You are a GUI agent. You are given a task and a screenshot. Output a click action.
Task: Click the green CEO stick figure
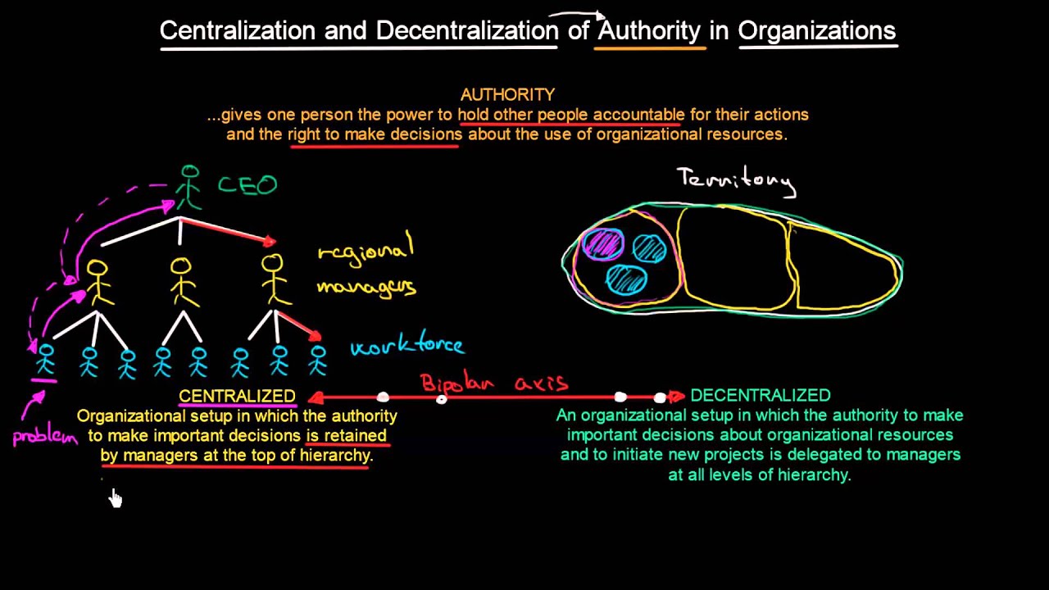click(x=189, y=187)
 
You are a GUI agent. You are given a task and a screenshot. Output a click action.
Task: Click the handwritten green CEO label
click(x=247, y=185)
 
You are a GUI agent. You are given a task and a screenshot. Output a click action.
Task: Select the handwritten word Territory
click(x=735, y=180)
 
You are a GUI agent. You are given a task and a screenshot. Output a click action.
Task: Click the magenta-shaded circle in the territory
click(x=603, y=244)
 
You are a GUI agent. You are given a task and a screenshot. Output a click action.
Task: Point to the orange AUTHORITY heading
click(x=507, y=95)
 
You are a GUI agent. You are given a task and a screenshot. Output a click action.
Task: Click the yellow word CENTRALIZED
click(x=237, y=397)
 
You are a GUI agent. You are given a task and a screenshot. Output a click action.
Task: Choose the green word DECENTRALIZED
click(x=760, y=396)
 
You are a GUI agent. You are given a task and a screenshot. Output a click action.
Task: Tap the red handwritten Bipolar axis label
click(x=493, y=383)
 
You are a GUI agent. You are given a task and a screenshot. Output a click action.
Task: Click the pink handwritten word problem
click(x=44, y=436)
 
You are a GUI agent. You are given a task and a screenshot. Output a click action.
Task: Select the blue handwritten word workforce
click(x=406, y=347)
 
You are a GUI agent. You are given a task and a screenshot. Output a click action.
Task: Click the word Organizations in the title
click(x=816, y=31)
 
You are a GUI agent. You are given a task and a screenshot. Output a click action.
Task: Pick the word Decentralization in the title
click(x=467, y=31)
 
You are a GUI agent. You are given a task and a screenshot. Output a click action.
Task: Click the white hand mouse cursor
click(x=115, y=497)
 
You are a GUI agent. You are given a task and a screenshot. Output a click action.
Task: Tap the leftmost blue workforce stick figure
click(x=45, y=360)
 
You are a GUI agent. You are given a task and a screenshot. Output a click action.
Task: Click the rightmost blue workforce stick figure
click(x=318, y=360)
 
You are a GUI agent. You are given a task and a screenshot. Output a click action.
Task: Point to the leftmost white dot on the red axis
click(x=383, y=397)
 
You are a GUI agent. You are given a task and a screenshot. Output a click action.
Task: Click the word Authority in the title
click(x=649, y=31)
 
